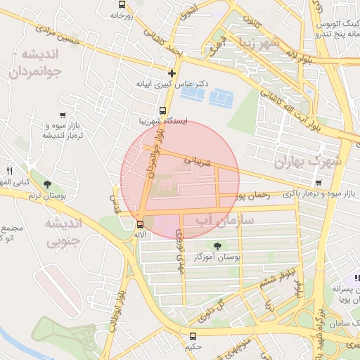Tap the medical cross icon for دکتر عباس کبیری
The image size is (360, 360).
tap(172, 73)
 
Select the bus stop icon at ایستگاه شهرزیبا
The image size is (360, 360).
tap(163, 111)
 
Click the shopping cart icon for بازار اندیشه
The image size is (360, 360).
tap(64, 115)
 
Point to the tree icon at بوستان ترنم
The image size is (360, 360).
tap(47, 185)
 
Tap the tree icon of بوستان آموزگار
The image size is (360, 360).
tap(217, 245)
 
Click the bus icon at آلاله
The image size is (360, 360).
tap(139, 226)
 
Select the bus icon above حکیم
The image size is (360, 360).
tap(193, 336)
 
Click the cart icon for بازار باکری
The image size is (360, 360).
tap(319, 183)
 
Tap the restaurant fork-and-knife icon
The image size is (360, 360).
tap(9, 171)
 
